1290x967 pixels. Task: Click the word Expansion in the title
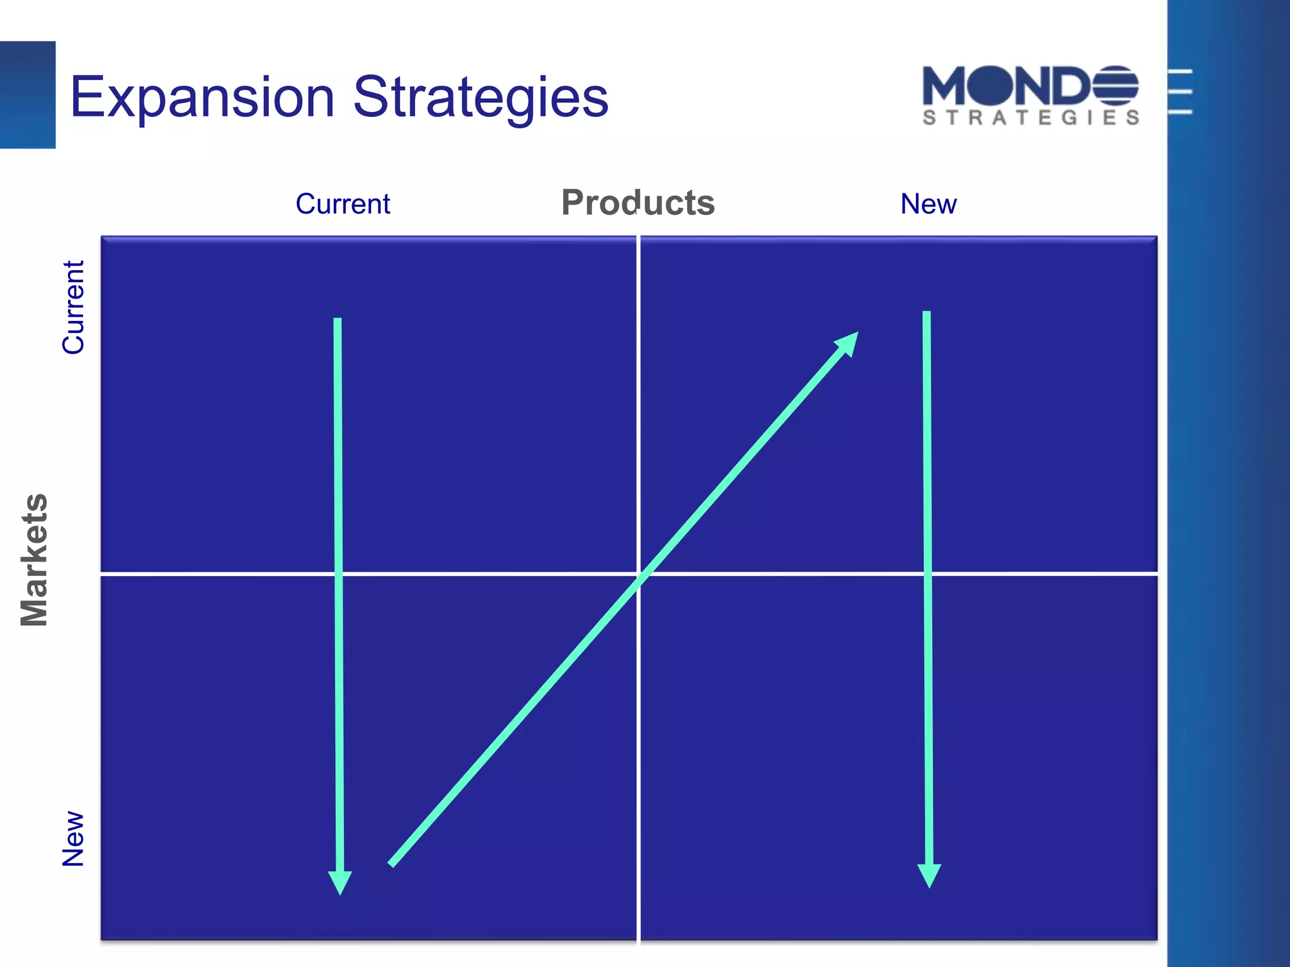click(x=202, y=98)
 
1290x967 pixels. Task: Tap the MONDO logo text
click(x=1030, y=86)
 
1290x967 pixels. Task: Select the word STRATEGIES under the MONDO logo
click(x=1030, y=118)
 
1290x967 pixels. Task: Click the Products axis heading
click(x=637, y=203)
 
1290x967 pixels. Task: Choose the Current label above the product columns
click(x=343, y=204)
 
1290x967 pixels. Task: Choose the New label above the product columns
click(x=928, y=204)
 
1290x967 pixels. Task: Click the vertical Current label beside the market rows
click(x=73, y=307)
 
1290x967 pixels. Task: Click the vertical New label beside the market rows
click(x=73, y=839)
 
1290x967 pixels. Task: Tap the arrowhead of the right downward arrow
click(x=929, y=876)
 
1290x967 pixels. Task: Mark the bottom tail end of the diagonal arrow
click(x=391, y=865)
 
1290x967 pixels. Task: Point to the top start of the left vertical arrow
click(x=338, y=319)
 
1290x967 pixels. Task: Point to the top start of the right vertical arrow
click(x=927, y=312)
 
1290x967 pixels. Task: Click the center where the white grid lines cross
click(x=638, y=574)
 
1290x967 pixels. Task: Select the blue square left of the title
click(x=27, y=94)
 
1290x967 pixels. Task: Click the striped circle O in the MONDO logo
click(x=1115, y=86)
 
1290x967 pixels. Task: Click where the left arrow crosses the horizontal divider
click(x=339, y=574)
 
